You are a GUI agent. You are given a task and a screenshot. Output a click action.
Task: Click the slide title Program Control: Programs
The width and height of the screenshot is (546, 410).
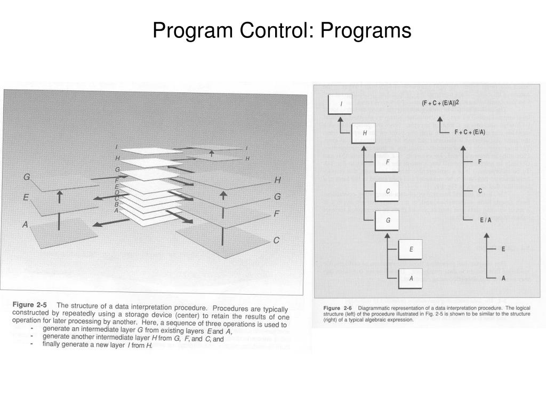point(282,30)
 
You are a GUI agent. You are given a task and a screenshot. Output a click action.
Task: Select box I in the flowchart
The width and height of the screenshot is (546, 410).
point(341,104)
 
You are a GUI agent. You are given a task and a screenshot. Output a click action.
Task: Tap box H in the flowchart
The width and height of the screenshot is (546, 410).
point(365,133)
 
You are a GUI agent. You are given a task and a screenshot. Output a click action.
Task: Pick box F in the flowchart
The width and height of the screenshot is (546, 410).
point(388,162)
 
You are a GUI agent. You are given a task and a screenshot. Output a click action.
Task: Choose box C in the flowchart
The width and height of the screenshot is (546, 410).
point(388,191)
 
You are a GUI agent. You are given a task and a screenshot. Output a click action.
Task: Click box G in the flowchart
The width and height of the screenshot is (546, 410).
point(388,220)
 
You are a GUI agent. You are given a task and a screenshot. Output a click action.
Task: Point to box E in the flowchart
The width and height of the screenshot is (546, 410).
point(411,249)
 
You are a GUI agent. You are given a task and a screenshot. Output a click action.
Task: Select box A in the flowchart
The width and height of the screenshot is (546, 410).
point(411,278)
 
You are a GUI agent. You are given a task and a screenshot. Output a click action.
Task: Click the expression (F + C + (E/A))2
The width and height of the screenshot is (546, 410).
point(440,104)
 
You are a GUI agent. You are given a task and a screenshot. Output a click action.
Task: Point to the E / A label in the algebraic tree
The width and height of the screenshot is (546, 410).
point(485,220)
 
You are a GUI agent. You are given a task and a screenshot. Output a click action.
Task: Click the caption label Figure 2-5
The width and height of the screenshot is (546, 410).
point(30,304)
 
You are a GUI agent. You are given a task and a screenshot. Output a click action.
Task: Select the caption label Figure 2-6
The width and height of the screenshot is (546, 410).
point(338,308)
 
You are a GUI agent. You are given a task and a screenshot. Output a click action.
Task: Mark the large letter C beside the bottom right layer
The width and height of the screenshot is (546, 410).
point(276,241)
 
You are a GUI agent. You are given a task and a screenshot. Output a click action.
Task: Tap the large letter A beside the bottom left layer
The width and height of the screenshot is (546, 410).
point(25,225)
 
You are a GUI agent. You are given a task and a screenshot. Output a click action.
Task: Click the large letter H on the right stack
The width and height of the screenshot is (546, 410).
point(277,180)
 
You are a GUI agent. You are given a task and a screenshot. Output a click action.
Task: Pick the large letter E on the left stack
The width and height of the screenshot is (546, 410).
point(26,198)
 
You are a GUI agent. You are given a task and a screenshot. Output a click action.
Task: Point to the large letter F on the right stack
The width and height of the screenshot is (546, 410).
point(277,214)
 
